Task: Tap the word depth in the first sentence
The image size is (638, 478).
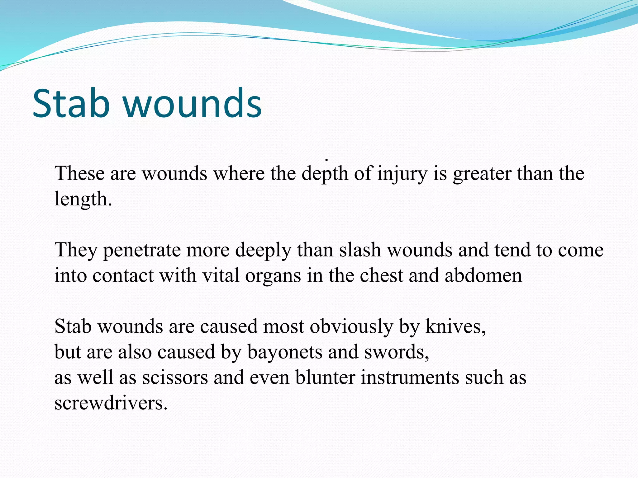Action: pos(325,174)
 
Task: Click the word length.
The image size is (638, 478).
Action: pos(83,199)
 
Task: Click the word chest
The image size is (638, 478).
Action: pos(381,276)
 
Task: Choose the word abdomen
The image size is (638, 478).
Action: pos(483,276)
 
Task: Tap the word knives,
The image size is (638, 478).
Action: pos(455,327)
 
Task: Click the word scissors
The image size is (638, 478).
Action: pos(175,378)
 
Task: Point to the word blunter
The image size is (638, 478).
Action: pos(325,378)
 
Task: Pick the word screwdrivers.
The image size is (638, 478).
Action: pos(111,403)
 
